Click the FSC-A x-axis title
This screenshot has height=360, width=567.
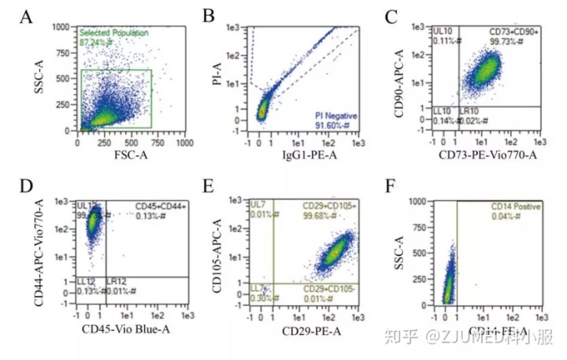tap(130, 156)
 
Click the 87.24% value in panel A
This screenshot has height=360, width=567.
tap(94, 43)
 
